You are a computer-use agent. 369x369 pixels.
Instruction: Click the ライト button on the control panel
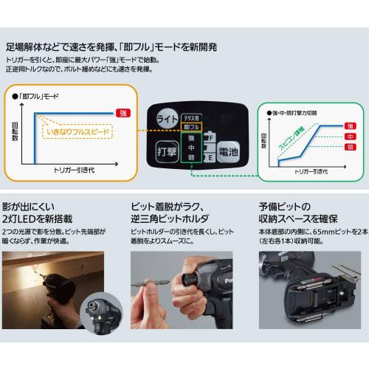point(167,118)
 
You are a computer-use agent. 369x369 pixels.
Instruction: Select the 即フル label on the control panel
point(190,128)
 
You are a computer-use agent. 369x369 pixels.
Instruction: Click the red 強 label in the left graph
point(125,112)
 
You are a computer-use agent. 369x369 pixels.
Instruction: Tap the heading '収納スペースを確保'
point(306,218)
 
